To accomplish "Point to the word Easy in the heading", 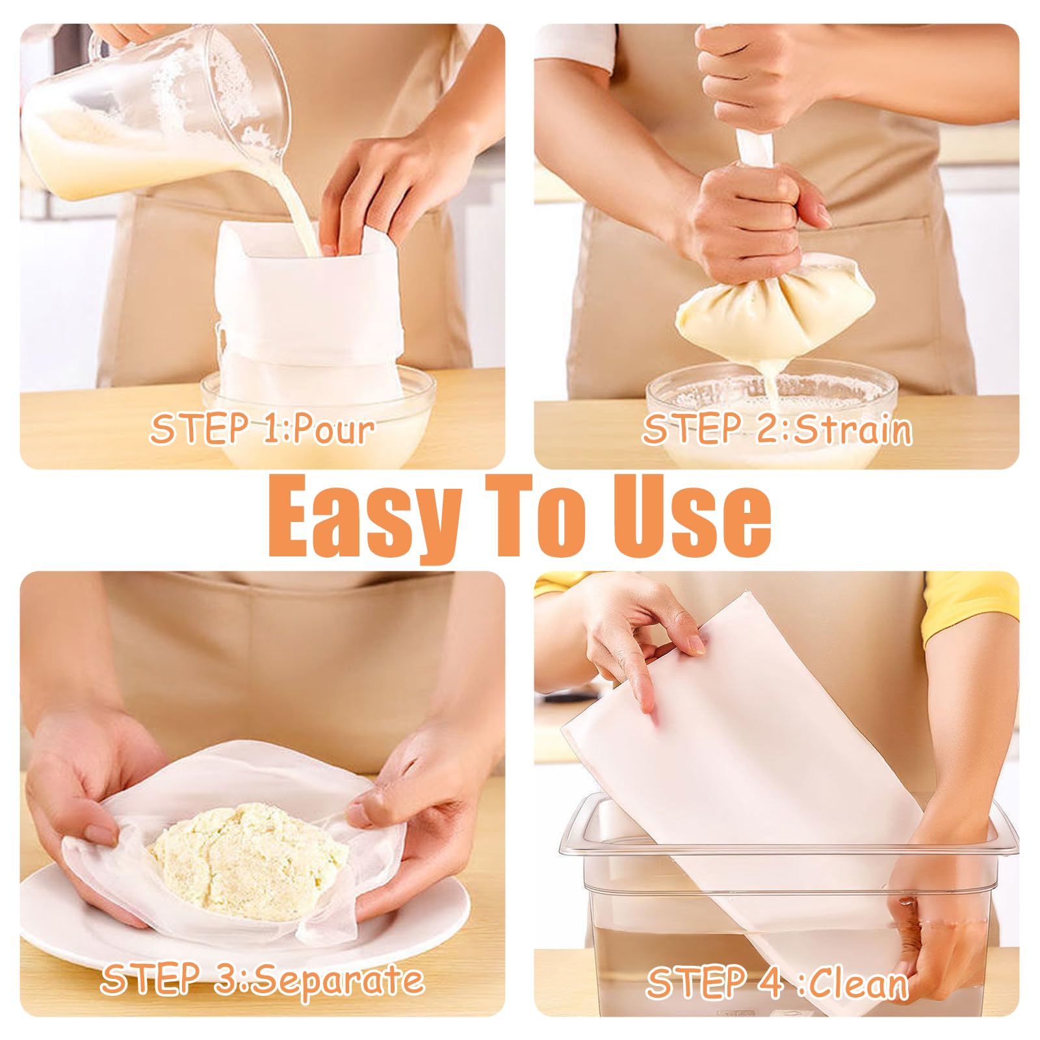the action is coord(364,516).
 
